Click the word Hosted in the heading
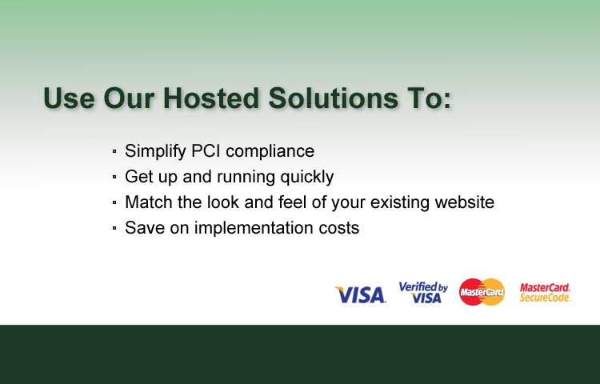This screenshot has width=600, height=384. point(211,98)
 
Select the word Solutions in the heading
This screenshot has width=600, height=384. point(333,98)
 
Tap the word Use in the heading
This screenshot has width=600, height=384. point(69,98)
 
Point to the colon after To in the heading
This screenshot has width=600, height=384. point(448,101)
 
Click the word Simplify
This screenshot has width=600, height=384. point(155,151)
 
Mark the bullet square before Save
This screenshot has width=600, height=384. point(114,228)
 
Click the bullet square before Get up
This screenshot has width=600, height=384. point(114,177)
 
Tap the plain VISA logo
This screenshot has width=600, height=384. point(361,295)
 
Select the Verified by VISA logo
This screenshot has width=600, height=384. point(423,293)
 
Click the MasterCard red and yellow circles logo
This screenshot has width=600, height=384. point(482,292)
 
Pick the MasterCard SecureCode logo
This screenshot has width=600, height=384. point(545,293)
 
